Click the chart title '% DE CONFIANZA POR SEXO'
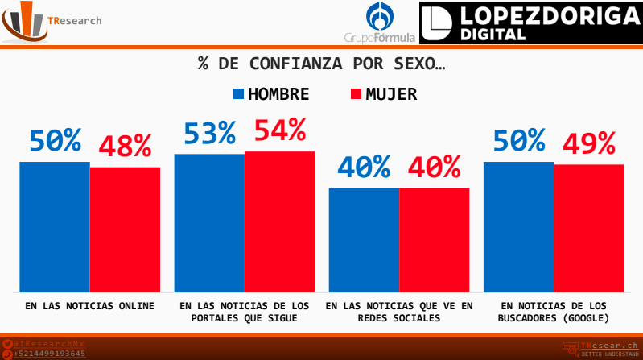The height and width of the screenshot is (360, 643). [321, 64]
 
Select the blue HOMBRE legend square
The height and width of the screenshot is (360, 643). [238, 93]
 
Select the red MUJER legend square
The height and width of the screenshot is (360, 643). [357, 93]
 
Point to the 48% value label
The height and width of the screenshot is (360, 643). [125, 146]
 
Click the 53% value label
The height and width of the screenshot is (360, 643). [209, 133]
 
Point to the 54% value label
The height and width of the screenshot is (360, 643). [280, 129]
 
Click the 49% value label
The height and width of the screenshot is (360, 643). [589, 143]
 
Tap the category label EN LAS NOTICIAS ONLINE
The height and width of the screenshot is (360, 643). [89, 306]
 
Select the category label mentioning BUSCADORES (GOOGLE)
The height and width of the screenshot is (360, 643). [554, 312]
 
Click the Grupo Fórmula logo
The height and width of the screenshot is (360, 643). [380, 23]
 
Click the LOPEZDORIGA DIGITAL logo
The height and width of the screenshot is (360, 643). [530, 23]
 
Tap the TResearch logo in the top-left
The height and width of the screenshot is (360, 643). [52, 22]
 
